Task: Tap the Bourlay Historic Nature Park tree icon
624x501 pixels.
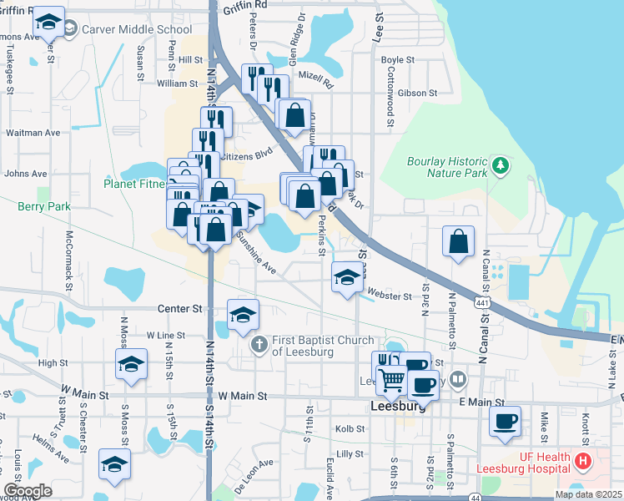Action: pos(500,165)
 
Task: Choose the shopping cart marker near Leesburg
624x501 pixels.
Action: pos(391,380)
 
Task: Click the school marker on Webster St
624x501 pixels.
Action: pos(346,277)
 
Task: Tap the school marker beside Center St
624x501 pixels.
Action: pos(243,314)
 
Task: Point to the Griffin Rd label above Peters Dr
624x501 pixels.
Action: pos(245,5)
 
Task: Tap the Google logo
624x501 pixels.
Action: pos(28,491)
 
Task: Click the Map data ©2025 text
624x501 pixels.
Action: pos(588,494)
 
